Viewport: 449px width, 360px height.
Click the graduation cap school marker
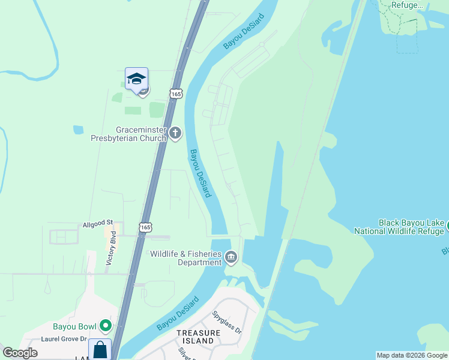pos(136,79)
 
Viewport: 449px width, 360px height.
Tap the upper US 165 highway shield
pos(176,94)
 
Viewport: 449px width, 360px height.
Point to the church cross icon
pos(175,133)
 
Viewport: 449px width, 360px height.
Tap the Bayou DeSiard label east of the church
pos(200,173)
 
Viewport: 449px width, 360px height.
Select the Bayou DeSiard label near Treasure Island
pos(178,314)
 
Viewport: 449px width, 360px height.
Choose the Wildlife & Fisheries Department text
pos(186,258)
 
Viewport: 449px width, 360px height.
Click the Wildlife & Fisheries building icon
pos(231,258)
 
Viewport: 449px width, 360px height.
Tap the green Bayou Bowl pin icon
pos(106,326)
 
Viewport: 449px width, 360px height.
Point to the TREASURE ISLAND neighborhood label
pos(195,336)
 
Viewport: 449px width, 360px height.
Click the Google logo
pos(20,353)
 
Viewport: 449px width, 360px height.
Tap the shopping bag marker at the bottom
pos(100,350)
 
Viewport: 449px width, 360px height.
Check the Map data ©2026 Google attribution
pos(412,355)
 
